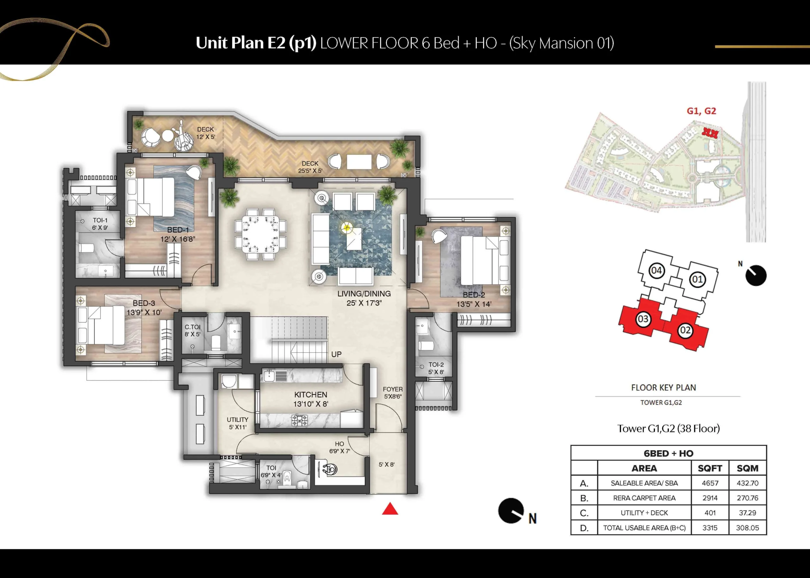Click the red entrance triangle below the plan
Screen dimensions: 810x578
(390, 509)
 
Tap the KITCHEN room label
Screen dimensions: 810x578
(310, 395)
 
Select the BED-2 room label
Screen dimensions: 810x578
(474, 295)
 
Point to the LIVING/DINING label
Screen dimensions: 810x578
(364, 294)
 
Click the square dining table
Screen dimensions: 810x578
(260, 234)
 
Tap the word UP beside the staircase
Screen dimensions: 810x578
(336, 354)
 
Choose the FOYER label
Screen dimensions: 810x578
(393, 389)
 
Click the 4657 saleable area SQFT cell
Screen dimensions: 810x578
(710, 483)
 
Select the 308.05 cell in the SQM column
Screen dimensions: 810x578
(747, 528)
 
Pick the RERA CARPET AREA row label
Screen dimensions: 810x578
(644, 498)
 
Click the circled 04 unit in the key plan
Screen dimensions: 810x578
(657, 271)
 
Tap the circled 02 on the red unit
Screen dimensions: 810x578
(685, 330)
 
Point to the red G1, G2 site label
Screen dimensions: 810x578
(701, 111)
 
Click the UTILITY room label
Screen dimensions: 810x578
(237, 420)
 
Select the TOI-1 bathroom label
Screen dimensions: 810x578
(100, 220)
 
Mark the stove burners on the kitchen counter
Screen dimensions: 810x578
(299, 420)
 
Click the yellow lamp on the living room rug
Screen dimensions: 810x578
(346, 227)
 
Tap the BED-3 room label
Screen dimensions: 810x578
(144, 303)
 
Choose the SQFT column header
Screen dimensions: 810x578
(710, 468)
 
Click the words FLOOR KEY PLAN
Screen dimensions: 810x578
(664, 387)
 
